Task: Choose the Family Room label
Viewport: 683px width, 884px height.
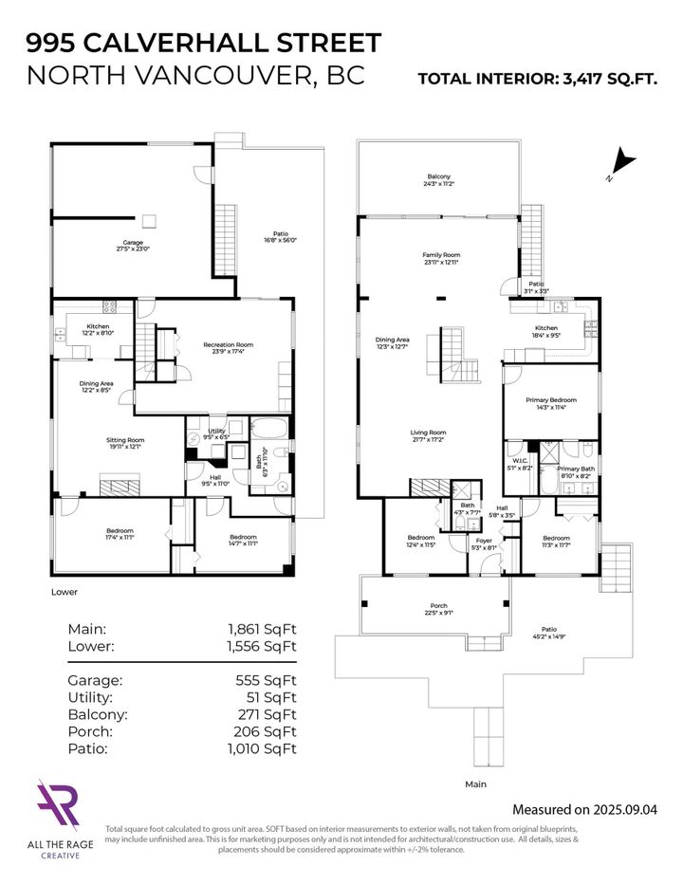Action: click(440, 257)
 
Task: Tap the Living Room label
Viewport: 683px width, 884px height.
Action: click(429, 434)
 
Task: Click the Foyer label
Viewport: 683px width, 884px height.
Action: click(483, 541)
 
